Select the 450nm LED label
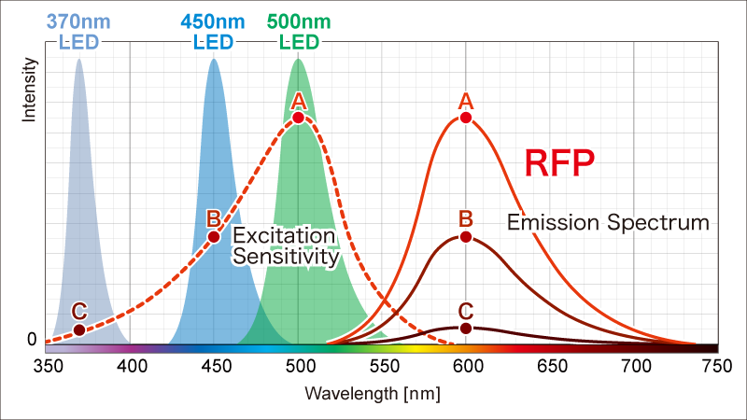pyautogui.click(x=214, y=31)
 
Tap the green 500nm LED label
pyautogui.click(x=299, y=31)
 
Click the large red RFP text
pyautogui.click(x=559, y=163)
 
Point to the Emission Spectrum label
pyautogui.click(x=608, y=222)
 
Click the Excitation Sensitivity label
pyautogui.click(x=285, y=245)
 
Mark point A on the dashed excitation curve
pyautogui.click(x=298, y=118)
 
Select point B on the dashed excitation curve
pyautogui.click(x=214, y=236)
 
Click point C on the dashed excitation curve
pyautogui.click(x=79, y=329)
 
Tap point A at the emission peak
pyautogui.click(x=466, y=118)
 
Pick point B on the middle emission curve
pyautogui.click(x=466, y=237)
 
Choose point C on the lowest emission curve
pyautogui.click(x=466, y=328)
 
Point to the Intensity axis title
pyautogui.click(x=29, y=90)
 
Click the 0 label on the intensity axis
pyautogui.click(x=32, y=340)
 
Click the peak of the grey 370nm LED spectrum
pyautogui.click(x=79, y=60)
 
